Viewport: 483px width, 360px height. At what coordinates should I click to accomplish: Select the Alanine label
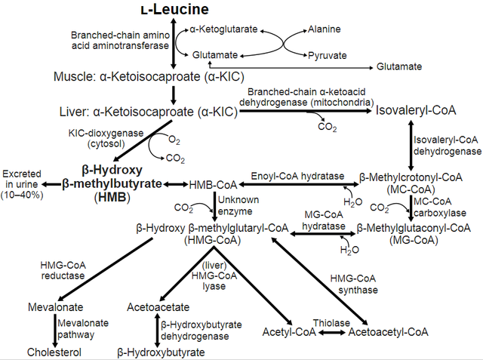click(324, 29)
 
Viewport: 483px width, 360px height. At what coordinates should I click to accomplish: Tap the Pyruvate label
click(327, 55)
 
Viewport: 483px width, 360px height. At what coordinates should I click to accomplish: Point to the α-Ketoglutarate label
click(223, 29)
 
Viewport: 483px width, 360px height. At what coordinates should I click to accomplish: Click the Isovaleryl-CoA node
click(416, 110)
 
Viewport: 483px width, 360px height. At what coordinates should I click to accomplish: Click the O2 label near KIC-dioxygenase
click(174, 140)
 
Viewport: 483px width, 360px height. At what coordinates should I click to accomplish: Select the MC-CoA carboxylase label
click(433, 206)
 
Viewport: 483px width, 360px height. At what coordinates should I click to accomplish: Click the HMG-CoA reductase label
click(63, 269)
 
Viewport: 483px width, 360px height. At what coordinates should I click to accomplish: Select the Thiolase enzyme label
click(333, 322)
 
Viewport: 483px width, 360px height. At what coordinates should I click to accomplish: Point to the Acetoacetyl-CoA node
click(388, 332)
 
